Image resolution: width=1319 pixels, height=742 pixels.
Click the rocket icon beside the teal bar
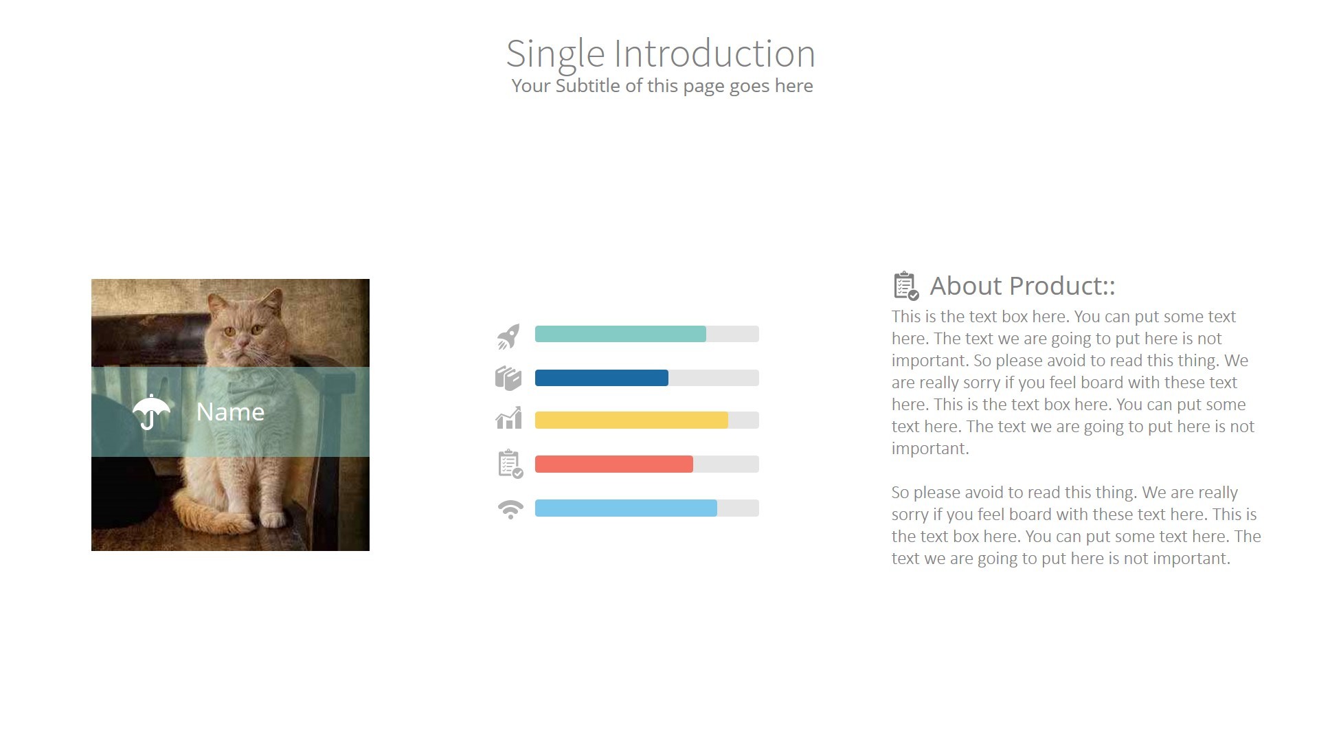pyautogui.click(x=508, y=336)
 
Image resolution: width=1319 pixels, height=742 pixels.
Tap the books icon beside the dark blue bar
pyautogui.click(x=508, y=378)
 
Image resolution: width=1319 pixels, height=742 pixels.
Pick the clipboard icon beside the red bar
pyautogui.click(x=510, y=464)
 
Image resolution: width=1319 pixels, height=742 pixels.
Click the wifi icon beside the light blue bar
pyautogui.click(x=510, y=509)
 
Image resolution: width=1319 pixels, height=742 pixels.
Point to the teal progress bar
pyautogui.click(x=620, y=334)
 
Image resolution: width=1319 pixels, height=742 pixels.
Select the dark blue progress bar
pyautogui.click(x=601, y=378)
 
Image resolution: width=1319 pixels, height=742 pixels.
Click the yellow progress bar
pyautogui.click(x=631, y=420)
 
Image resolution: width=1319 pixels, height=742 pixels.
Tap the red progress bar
pyautogui.click(x=613, y=464)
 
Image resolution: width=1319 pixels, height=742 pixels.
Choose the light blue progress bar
pyautogui.click(x=625, y=508)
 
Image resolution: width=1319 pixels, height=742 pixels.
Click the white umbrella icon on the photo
pyautogui.click(x=151, y=412)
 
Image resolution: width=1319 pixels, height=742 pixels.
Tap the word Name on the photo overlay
pyautogui.click(x=230, y=412)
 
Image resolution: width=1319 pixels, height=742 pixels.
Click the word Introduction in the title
pyautogui.click(x=714, y=54)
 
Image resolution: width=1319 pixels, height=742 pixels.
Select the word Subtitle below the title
pyautogui.click(x=587, y=86)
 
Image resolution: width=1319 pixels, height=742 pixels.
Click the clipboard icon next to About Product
pyautogui.click(x=905, y=286)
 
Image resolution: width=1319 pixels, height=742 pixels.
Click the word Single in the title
pyautogui.click(x=555, y=54)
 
